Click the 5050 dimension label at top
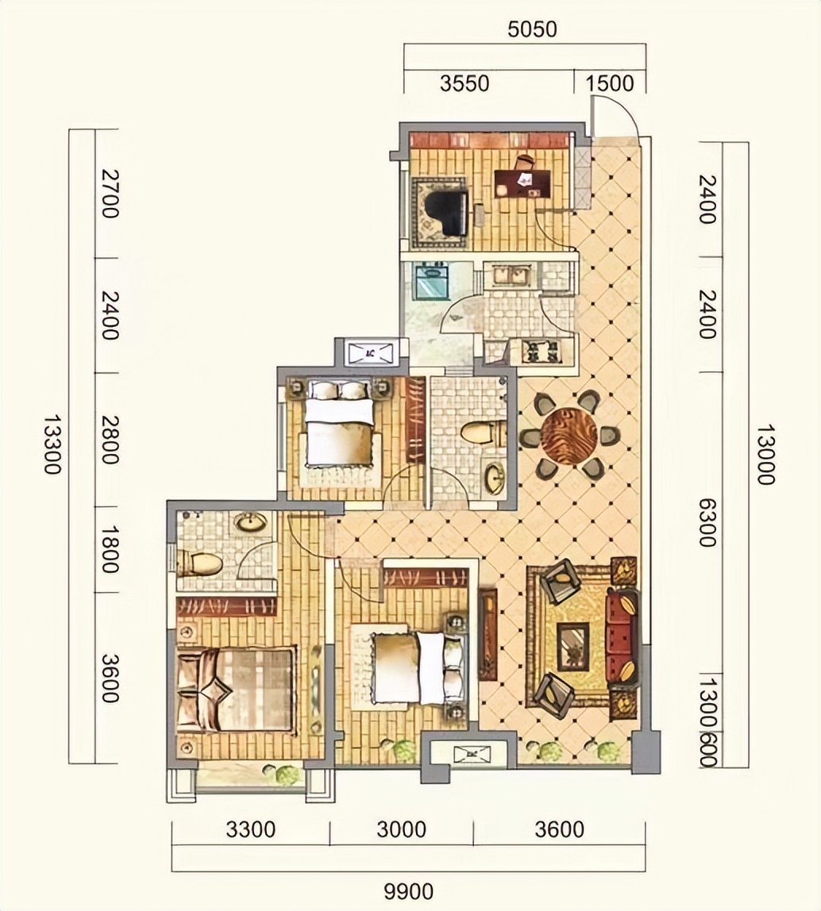[x=531, y=29]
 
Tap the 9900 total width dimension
[x=409, y=890]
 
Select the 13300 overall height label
[x=53, y=444]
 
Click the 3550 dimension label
[x=464, y=83]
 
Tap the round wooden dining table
[x=568, y=435]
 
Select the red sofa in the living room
[x=622, y=638]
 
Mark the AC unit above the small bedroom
[x=370, y=352]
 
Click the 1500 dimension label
[x=609, y=83]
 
